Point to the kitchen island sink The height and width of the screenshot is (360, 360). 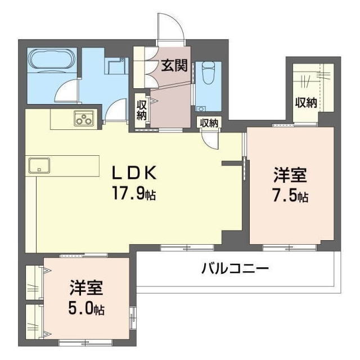pos(39,165)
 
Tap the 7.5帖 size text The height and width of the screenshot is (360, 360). pos(289,197)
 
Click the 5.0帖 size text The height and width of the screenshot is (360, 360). pos(87,309)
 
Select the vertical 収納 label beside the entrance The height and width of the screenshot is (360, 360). pos(141,110)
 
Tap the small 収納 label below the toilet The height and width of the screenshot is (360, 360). pos(209,123)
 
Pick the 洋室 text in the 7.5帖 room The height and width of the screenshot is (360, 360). pos(290,175)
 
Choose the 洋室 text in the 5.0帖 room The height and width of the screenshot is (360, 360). pos(86,287)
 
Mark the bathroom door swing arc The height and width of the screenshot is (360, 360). pos(66,90)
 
